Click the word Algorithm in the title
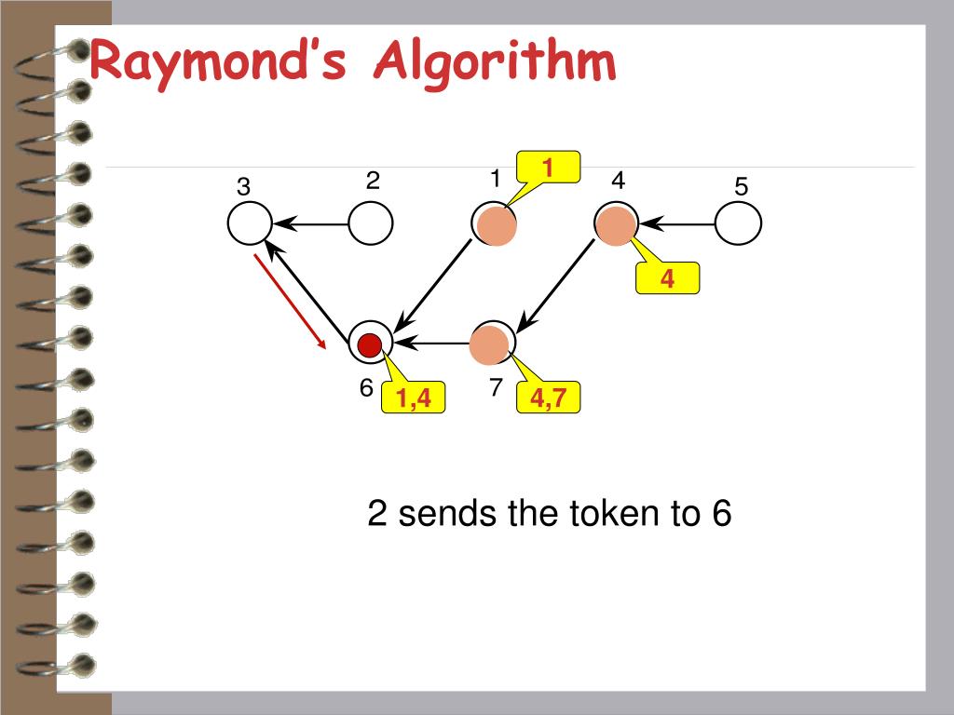495,63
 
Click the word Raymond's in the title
218,63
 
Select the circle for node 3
250,223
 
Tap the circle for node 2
371,223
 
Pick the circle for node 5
739,223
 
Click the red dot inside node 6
370,344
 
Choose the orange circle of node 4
616,225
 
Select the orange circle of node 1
496,225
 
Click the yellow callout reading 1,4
413,399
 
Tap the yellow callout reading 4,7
550,399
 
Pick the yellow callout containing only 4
667,278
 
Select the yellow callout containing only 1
549,168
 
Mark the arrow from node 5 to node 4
677,223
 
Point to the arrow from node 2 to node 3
311,223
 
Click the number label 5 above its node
741,187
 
